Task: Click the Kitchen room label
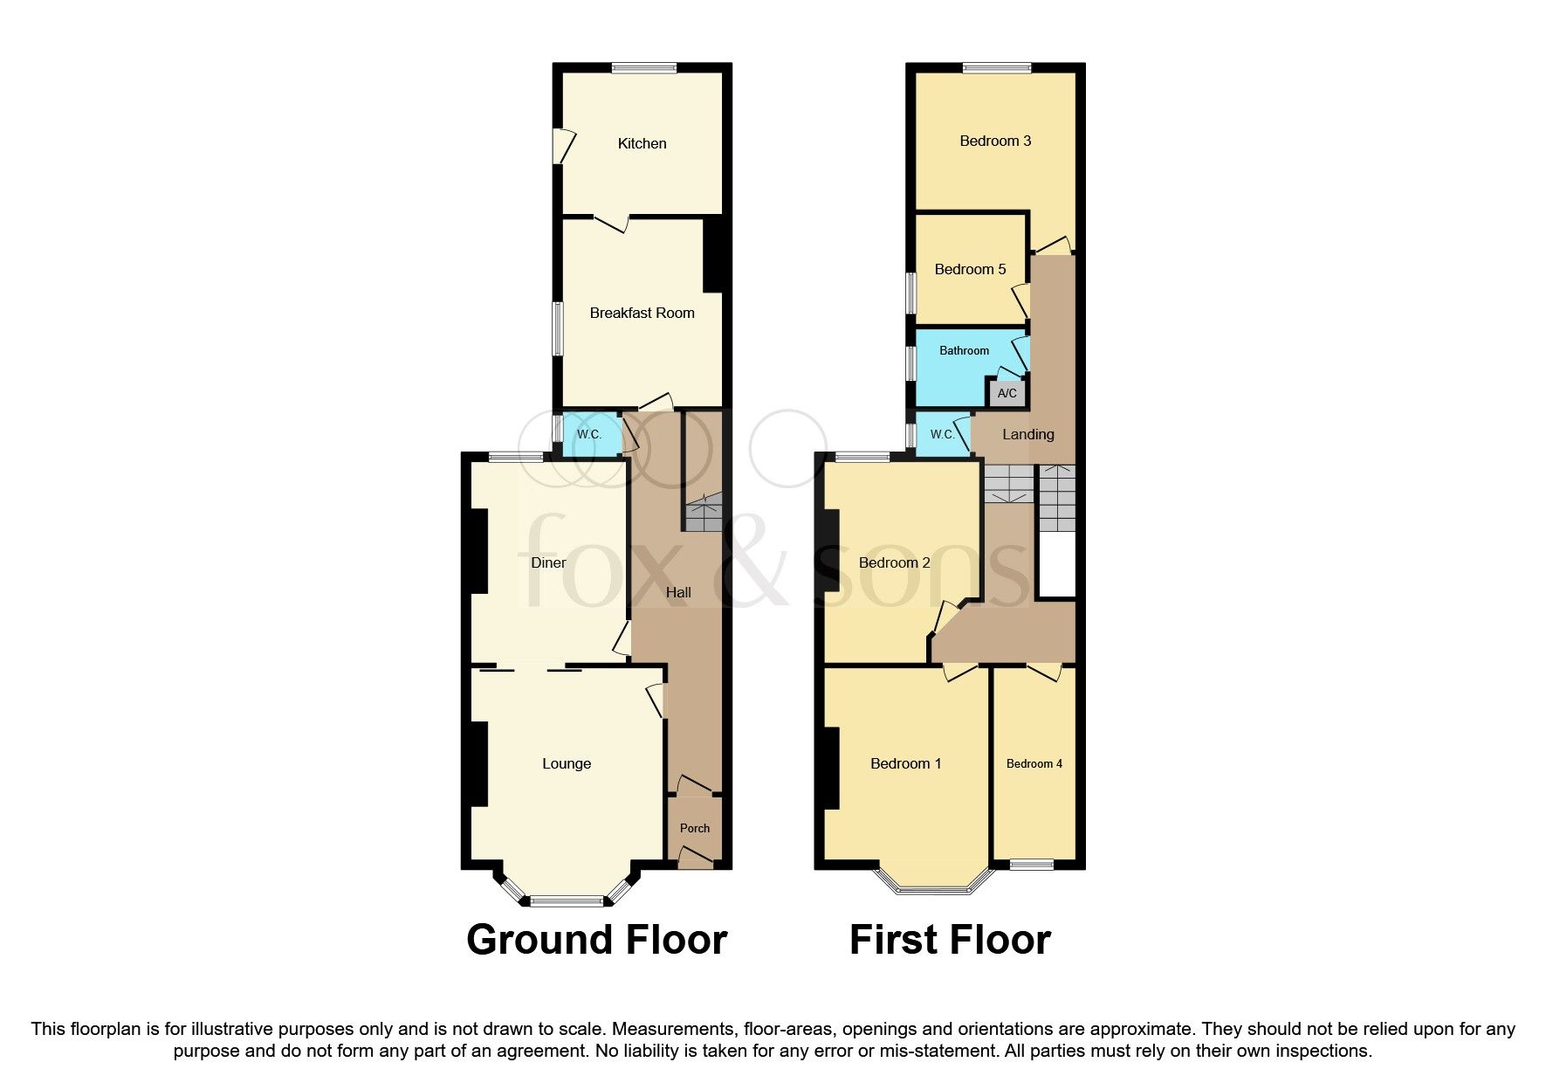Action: tap(642, 143)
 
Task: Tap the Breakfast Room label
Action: tap(642, 313)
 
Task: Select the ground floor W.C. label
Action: tap(589, 434)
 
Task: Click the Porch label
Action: tap(695, 828)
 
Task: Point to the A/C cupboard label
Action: tap(1007, 393)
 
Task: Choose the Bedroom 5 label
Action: tap(970, 269)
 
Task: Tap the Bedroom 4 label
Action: tap(1034, 763)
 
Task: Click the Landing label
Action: tap(1027, 434)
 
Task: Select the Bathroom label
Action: tap(964, 350)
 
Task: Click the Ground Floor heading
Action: tap(596, 940)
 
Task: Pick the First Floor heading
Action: tap(950, 940)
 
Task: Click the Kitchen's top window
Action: tap(643, 67)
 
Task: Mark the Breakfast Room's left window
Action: tap(557, 328)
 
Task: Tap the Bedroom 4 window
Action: tap(1032, 865)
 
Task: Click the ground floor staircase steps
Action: tap(703, 514)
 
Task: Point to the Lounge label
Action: tap(567, 763)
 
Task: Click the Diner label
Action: tap(548, 562)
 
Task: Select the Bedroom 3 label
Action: tap(995, 141)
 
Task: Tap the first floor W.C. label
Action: tap(941, 434)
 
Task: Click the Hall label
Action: tap(678, 592)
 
